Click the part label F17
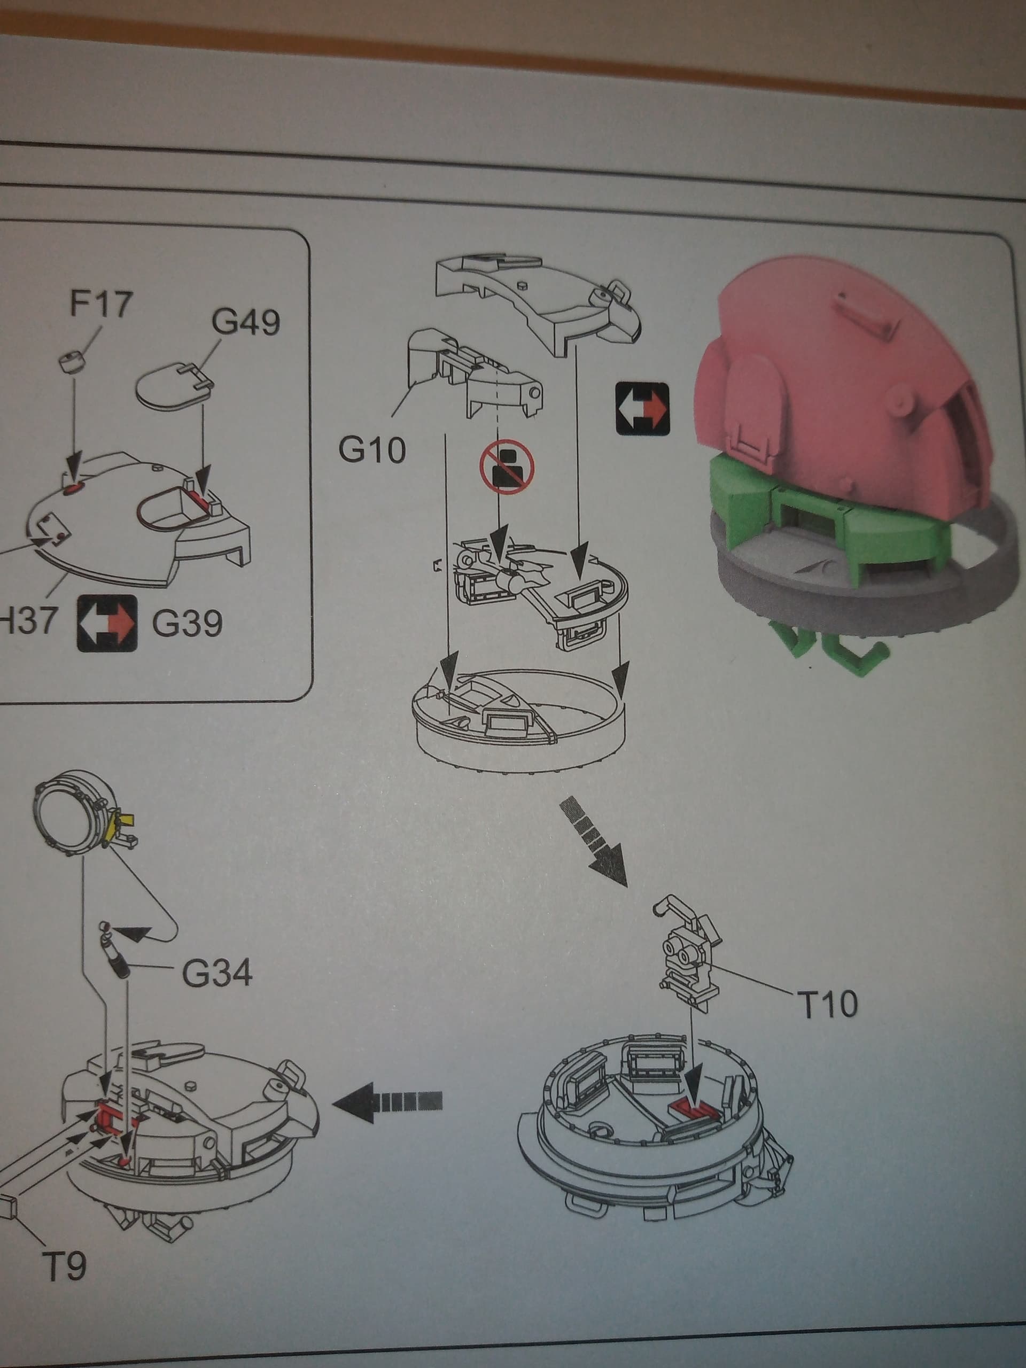click(x=101, y=304)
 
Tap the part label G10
click(x=372, y=449)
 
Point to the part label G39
click(x=188, y=624)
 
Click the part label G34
click(x=217, y=974)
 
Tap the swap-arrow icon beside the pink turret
click(x=642, y=408)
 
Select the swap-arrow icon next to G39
click(x=106, y=624)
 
